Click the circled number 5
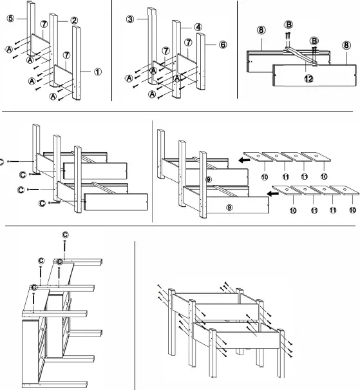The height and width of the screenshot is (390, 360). (11, 19)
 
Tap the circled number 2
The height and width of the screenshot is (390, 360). (75, 21)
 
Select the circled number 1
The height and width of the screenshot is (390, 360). (97, 72)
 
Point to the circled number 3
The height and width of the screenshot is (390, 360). (130, 19)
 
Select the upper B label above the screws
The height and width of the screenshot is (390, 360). (288, 24)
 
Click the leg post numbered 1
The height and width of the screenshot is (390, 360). (79, 64)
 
